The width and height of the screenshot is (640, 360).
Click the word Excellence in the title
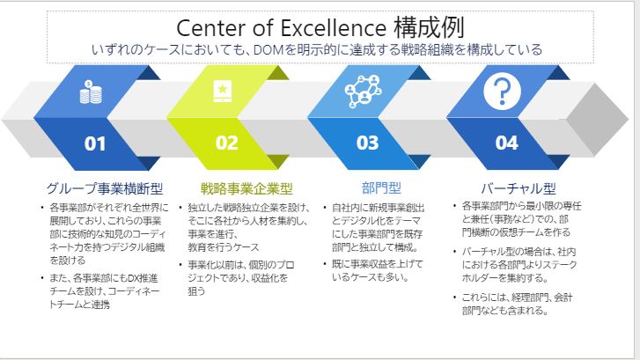click(x=334, y=28)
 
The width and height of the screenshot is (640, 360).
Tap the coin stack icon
click(x=91, y=92)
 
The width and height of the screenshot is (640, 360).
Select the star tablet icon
click(x=223, y=91)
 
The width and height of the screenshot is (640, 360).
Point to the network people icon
click(x=364, y=92)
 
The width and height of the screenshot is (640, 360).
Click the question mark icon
click(x=502, y=91)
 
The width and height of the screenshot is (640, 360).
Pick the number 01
click(x=95, y=143)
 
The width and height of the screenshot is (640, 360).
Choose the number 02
click(x=226, y=143)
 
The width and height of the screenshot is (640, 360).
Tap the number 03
click(x=367, y=143)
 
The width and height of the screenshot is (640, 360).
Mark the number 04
click(x=506, y=143)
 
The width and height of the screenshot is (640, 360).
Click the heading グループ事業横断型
click(x=105, y=188)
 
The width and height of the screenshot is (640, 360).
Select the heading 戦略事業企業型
click(x=246, y=188)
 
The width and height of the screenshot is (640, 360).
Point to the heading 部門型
click(x=381, y=188)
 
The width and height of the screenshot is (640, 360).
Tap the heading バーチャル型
click(x=519, y=188)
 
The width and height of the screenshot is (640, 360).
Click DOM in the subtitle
click(x=269, y=50)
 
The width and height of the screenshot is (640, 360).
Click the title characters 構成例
click(x=429, y=28)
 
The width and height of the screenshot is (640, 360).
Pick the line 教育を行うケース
click(x=224, y=247)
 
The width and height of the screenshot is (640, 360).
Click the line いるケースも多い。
click(x=371, y=277)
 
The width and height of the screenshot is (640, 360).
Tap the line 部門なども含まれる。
click(x=505, y=311)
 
